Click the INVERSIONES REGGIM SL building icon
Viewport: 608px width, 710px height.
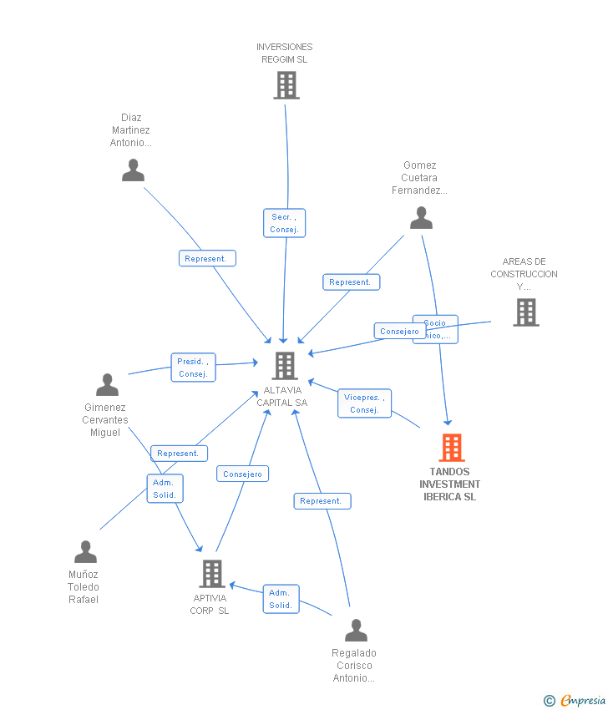pyautogui.click(x=286, y=85)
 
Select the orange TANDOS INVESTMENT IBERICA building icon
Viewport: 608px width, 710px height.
pyautogui.click(x=452, y=448)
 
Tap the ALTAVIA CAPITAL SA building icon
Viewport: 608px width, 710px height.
pyautogui.click(x=285, y=366)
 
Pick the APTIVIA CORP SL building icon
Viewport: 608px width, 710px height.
pyautogui.click(x=212, y=574)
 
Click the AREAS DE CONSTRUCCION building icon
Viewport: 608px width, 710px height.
pyautogui.click(x=525, y=312)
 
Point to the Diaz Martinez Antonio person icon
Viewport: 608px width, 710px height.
pyautogui.click(x=133, y=170)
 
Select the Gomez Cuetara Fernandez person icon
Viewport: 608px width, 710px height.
pyautogui.click(x=421, y=218)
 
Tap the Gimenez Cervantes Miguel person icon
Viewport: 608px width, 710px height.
pyautogui.click(x=107, y=385)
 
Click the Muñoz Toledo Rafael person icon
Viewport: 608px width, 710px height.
pyautogui.click(x=85, y=552)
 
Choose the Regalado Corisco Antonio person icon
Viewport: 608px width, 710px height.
pyautogui.click(x=356, y=631)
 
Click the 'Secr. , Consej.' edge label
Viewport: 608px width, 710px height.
pyautogui.click(x=284, y=223)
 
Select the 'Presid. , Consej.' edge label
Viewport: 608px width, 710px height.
pyautogui.click(x=193, y=368)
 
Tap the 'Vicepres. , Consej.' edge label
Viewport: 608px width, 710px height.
pyautogui.click(x=364, y=403)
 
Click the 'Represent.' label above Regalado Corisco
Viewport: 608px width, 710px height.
pyautogui.click(x=322, y=501)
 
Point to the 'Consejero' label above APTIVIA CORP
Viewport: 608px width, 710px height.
pyautogui.click(x=243, y=474)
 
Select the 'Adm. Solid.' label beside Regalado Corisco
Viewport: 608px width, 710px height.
pyautogui.click(x=281, y=599)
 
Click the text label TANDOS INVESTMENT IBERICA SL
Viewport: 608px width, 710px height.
pyautogui.click(x=450, y=484)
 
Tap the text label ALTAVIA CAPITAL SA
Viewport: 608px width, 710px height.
pyautogui.click(x=285, y=397)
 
